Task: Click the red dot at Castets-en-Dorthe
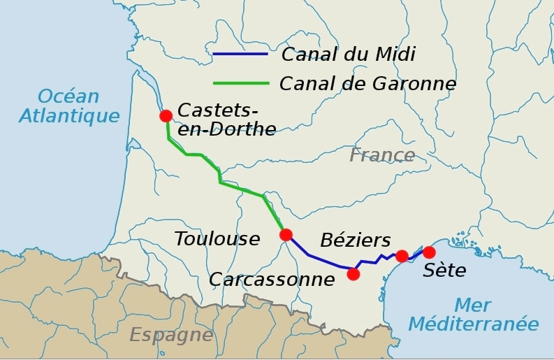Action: (166, 116)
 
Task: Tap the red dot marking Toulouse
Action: (286, 235)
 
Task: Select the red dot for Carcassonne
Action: (353, 274)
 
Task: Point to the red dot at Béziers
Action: (402, 256)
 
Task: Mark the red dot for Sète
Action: (429, 252)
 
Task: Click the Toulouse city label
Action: (217, 239)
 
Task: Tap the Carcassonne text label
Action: (272, 280)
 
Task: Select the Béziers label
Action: (355, 240)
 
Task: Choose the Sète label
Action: (444, 271)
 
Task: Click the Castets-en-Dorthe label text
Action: (226, 120)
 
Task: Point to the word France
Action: (382, 154)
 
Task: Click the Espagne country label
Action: (171, 335)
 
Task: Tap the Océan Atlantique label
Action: (69, 106)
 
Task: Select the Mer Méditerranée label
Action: (473, 315)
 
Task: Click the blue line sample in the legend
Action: (240, 55)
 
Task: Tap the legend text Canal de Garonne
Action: (367, 84)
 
